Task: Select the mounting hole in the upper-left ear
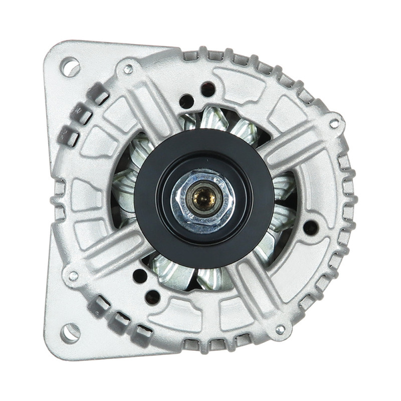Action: tap(70, 67)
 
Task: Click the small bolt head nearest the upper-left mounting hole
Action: tap(128, 69)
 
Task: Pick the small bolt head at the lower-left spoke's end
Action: tap(73, 276)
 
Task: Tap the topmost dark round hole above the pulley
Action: tap(208, 89)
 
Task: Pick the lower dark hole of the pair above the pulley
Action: tap(186, 101)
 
